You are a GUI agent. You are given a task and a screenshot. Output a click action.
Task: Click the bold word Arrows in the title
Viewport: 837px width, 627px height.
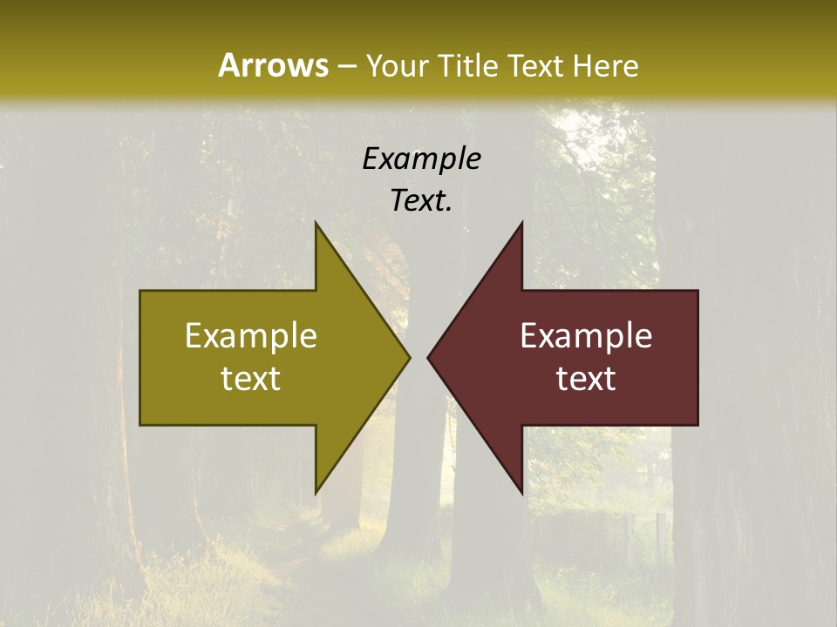pos(272,65)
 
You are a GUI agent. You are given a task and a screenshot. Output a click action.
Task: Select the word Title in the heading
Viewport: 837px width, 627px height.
pos(472,65)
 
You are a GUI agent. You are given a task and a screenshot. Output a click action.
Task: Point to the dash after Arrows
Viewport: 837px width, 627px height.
pos(346,67)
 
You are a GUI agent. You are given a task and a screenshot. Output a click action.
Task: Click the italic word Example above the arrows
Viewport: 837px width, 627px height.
pos(421,159)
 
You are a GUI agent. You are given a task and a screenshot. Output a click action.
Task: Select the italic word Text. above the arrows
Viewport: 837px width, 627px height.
pos(421,200)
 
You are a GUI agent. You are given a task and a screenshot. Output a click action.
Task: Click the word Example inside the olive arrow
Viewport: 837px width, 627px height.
pos(251,336)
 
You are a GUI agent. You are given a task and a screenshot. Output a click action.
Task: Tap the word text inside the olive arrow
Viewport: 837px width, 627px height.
pos(251,379)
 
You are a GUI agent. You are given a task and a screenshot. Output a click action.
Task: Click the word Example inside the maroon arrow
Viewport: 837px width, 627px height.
pos(586,336)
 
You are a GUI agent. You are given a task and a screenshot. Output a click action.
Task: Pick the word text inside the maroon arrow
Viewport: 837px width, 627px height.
pos(586,379)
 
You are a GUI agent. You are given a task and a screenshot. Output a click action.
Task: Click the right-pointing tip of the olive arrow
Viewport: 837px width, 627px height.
pos(408,357)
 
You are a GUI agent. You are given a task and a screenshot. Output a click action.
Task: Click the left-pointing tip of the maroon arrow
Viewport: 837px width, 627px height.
pos(429,357)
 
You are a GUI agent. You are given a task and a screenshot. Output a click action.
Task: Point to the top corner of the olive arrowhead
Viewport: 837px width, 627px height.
pos(316,224)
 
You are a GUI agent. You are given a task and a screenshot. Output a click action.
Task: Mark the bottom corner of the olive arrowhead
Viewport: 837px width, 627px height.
pos(316,492)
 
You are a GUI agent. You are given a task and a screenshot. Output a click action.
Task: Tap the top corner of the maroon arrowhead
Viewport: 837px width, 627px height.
pos(521,224)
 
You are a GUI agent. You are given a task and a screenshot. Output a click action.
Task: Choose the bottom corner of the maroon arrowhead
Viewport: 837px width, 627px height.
pos(521,492)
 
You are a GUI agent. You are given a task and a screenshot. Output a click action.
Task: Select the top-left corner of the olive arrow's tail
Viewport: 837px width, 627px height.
pos(141,292)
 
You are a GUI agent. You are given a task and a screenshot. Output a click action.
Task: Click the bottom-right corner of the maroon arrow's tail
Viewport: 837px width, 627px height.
pos(697,424)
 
